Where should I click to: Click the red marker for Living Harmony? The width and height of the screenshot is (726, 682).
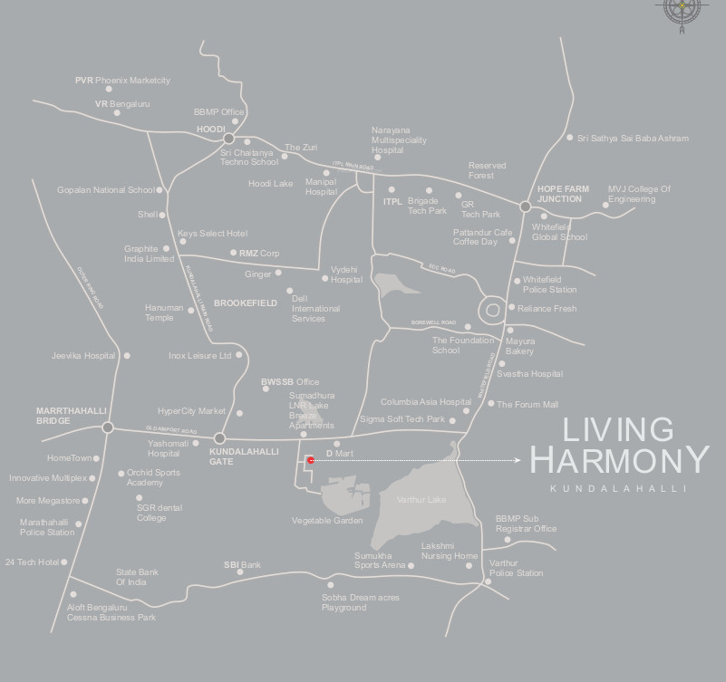coord(311,460)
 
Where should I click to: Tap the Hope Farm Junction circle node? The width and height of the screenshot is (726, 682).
coord(525,207)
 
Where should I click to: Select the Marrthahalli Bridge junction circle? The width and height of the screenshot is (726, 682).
coord(108,427)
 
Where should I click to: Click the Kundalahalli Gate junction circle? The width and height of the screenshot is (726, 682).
coord(219,438)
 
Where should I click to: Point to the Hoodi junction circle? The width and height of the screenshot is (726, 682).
coord(229,139)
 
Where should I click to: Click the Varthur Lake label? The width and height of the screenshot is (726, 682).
coord(422,500)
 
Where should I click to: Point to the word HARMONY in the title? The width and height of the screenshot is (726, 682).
coord(619,459)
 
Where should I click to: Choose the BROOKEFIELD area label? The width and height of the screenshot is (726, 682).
coord(245,303)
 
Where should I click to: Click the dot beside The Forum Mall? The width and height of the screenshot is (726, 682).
coord(490,404)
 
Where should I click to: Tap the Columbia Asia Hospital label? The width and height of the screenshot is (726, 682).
coord(425,402)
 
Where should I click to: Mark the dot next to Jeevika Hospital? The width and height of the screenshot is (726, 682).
coord(127,356)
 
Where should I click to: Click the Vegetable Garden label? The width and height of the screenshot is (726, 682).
coord(327,521)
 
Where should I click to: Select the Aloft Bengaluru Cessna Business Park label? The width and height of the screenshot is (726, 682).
coord(111,612)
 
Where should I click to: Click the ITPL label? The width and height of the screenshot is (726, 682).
coord(392,201)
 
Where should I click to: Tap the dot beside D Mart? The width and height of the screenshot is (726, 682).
coord(336,444)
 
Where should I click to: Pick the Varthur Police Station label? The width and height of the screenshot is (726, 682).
coord(516,568)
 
